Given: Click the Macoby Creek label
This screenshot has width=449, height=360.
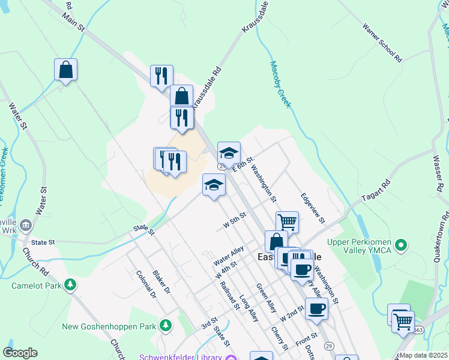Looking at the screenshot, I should (x=280, y=85).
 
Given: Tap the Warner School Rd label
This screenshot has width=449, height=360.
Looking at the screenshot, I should (x=382, y=43).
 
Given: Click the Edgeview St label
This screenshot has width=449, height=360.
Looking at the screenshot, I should (x=313, y=208).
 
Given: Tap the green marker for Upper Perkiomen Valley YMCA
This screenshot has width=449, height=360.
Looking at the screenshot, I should (x=403, y=245).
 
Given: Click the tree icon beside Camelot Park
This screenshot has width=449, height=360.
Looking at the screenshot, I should (x=71, y=285).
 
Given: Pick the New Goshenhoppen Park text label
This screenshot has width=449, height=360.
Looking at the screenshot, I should (x=110, y=326).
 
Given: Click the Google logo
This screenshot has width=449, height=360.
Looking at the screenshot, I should (x=20, y=353).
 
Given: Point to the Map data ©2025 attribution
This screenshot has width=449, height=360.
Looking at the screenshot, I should (x=424, y=355).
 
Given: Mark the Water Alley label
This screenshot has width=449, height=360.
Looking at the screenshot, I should (x=229, y=256).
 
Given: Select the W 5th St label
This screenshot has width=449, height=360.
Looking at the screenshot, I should (x=235, y=221).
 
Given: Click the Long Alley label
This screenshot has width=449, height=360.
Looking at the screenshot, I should (x=249, y=308).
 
